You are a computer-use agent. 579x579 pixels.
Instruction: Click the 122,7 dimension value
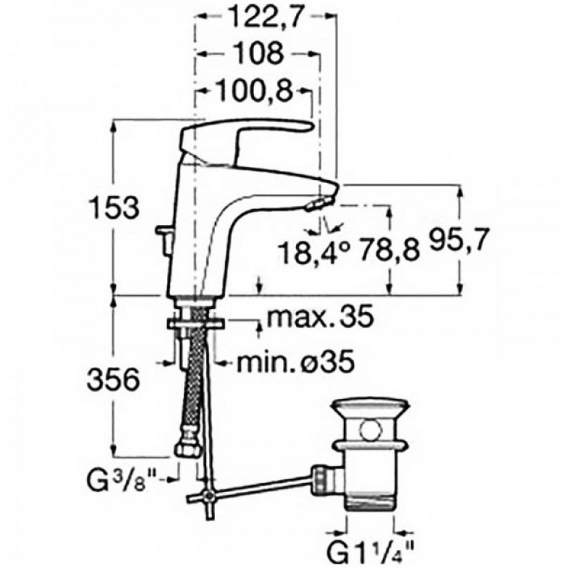[x=265, y=17]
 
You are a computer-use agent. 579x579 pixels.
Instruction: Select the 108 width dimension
[x=259, y=54]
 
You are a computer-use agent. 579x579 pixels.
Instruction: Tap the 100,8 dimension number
[x=254, y=90]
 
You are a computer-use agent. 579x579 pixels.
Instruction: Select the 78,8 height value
[x=389, y=250]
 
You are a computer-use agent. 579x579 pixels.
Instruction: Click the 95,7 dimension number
[x=459, y=240]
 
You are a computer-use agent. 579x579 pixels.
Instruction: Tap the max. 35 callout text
[x=320, y=316]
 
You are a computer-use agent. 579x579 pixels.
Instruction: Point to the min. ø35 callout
[x=296, y=363]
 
